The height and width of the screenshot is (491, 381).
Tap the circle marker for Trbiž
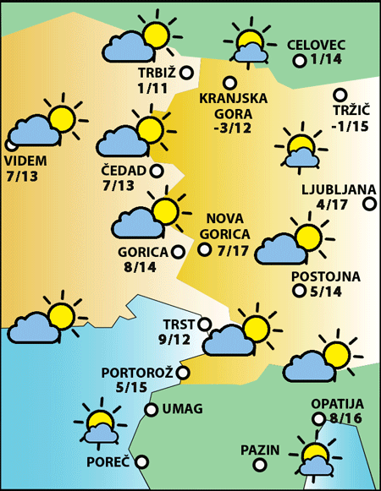pos(187,73)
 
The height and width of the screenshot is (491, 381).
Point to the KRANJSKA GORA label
pos(233,106)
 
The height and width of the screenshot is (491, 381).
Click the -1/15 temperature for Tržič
pos(350,126)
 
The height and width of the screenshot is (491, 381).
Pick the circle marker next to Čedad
pos(157,171)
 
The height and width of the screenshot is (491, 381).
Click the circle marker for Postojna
pos(299,292)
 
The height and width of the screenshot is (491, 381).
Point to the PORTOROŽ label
pos(136,373)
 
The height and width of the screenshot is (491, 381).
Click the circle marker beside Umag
pos(152,410)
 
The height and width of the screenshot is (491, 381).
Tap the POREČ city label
pos(108,462)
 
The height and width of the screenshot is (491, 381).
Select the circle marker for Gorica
pos(178,251)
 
